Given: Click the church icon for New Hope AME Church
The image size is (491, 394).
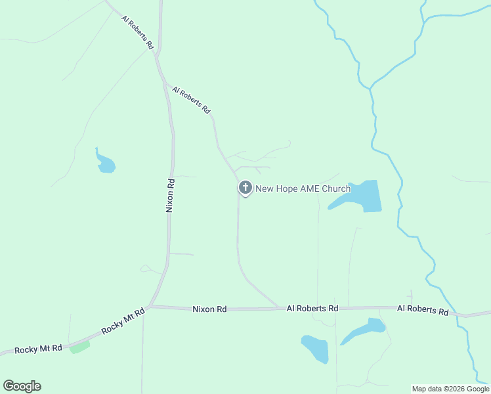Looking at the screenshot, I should click(x=245, y=188).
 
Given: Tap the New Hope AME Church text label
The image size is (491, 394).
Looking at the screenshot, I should click(x=303, y=189).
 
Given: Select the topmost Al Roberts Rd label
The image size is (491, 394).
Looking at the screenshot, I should click(x=138, y=33).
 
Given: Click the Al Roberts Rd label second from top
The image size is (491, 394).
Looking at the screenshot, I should click(x=190, y=99).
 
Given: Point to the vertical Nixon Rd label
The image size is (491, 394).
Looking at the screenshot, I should click(x=170, y=195).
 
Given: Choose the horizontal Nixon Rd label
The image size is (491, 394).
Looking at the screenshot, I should click(x=209, y=309).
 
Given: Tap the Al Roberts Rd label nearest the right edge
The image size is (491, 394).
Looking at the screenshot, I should click(x=422, y=310).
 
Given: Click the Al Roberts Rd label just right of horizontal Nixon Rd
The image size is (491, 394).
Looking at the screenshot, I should click(x=312, y=308).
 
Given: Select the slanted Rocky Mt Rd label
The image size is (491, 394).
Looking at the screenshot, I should click(x=123, y=323).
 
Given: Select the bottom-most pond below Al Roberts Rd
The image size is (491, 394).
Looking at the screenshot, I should click(x=315, y=348).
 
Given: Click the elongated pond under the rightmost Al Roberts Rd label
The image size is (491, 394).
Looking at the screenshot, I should click(x=364, y=330).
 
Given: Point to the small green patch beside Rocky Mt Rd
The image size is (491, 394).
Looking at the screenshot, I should click(x=79, y=347).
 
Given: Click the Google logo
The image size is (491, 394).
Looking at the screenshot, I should click(x=22, y=386).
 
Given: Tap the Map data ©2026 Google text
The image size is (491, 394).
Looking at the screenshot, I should click(x=450, y=389).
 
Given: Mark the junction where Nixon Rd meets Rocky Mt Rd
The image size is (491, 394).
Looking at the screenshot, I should click(x=150, y=306).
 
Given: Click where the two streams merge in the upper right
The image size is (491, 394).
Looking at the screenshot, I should click(x=371, y=87).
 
